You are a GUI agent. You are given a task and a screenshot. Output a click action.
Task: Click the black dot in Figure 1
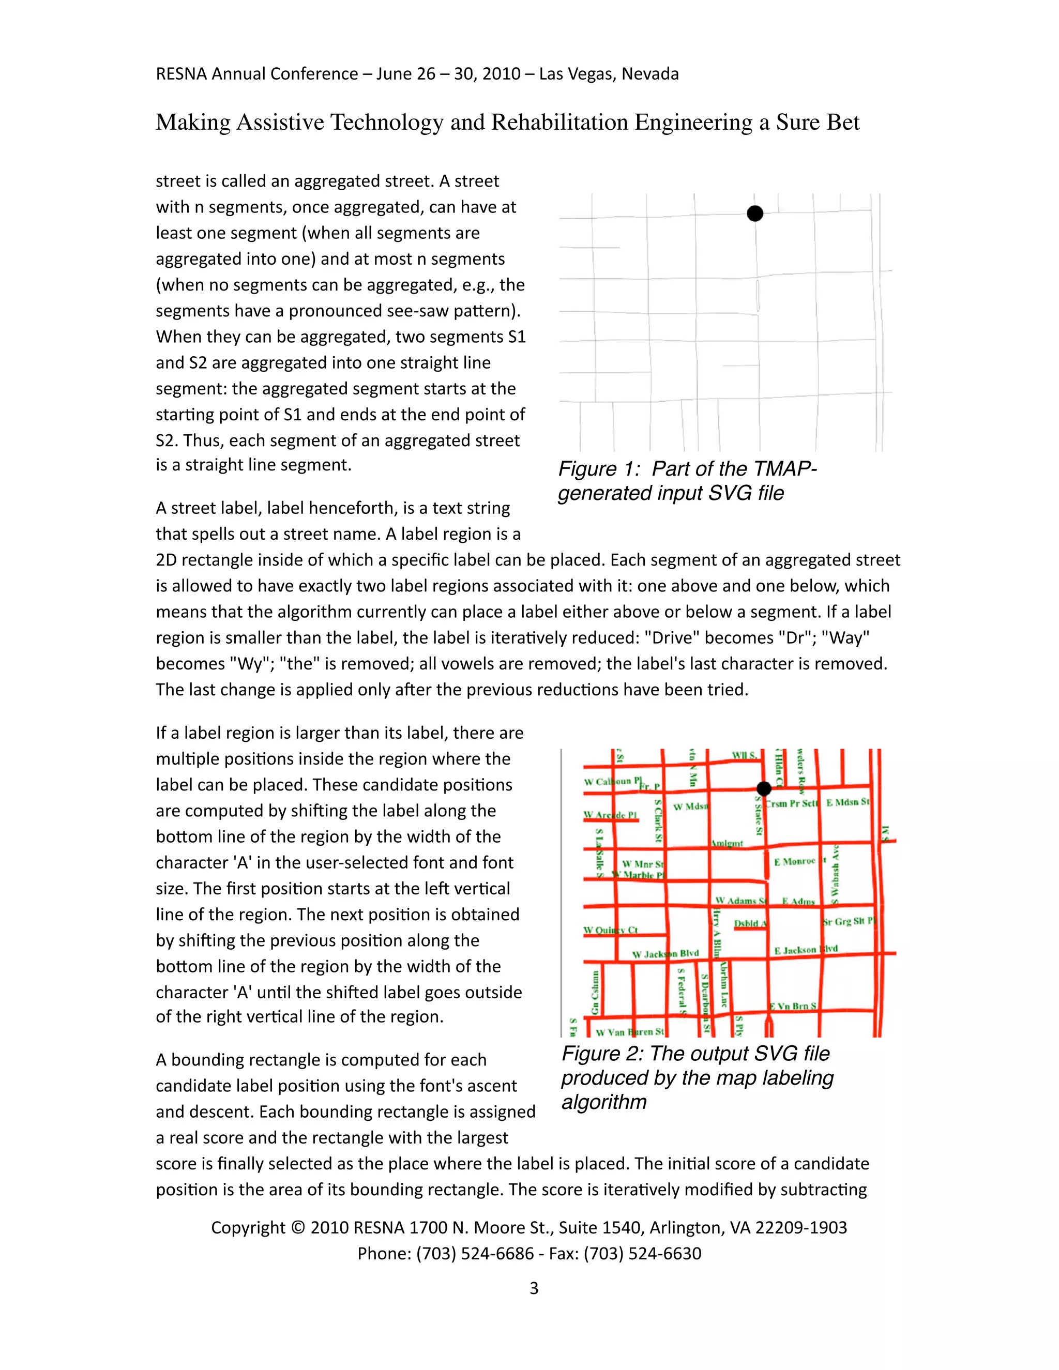[x=755, y=214]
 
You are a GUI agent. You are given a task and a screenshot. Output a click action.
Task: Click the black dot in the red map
[x=764, y=788]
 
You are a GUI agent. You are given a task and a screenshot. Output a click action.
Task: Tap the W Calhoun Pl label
[x=613, y=782]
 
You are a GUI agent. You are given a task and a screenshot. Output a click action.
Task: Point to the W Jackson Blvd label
[x=665, y=953]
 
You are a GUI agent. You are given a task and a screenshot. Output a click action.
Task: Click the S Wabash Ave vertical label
[x=835, y=874]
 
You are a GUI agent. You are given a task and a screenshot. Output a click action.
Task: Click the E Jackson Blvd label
[x=806, y=950]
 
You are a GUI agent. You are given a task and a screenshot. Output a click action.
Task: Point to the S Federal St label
[x=682, y=991]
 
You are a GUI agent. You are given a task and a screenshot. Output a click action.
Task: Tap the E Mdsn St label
[x=847, y=802]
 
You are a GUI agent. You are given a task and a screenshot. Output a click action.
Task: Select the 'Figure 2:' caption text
[x=602, y=1053]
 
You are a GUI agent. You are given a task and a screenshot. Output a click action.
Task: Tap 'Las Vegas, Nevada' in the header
[x=609, y=74]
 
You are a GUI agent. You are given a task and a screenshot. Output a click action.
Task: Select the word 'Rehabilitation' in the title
[x=559, y=123]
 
